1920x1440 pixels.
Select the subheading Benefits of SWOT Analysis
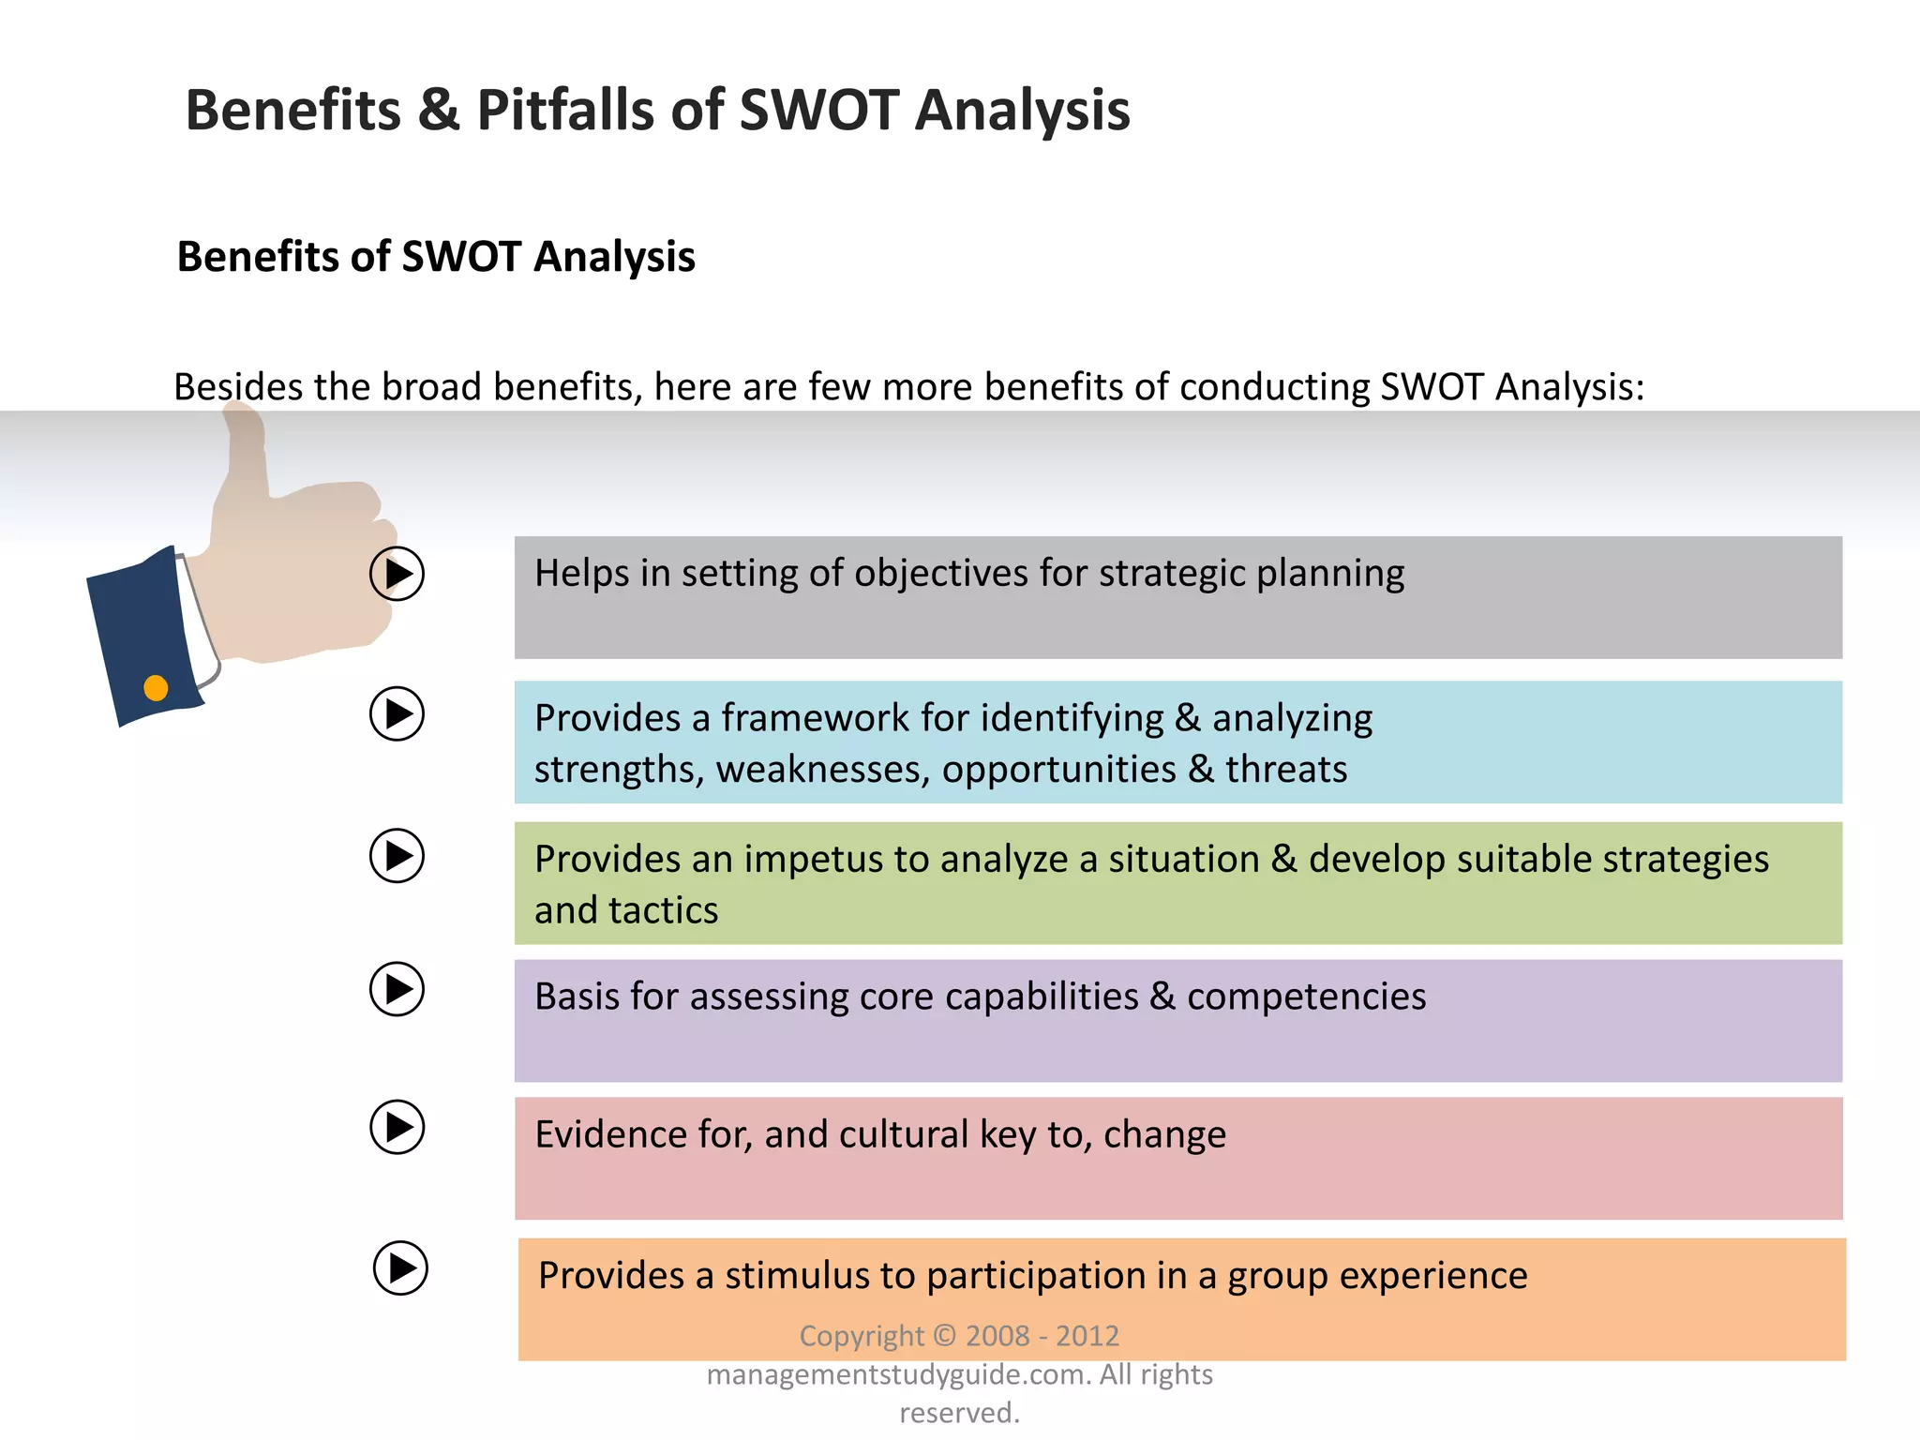point(436,257)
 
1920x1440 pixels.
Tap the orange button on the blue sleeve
point(156,688)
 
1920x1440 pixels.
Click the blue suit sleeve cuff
point(141,637)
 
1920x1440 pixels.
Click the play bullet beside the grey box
point(397,574)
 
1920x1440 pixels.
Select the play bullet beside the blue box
point(397,714)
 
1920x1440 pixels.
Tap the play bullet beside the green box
point(397,855)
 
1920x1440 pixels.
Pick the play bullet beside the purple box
point(397,988)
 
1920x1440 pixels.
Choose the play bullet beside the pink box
point(397,1127)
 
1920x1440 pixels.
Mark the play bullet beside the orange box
point(400,1268)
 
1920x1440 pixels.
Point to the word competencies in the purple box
point(1306,997)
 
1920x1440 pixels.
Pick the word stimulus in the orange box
point(796,1276)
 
